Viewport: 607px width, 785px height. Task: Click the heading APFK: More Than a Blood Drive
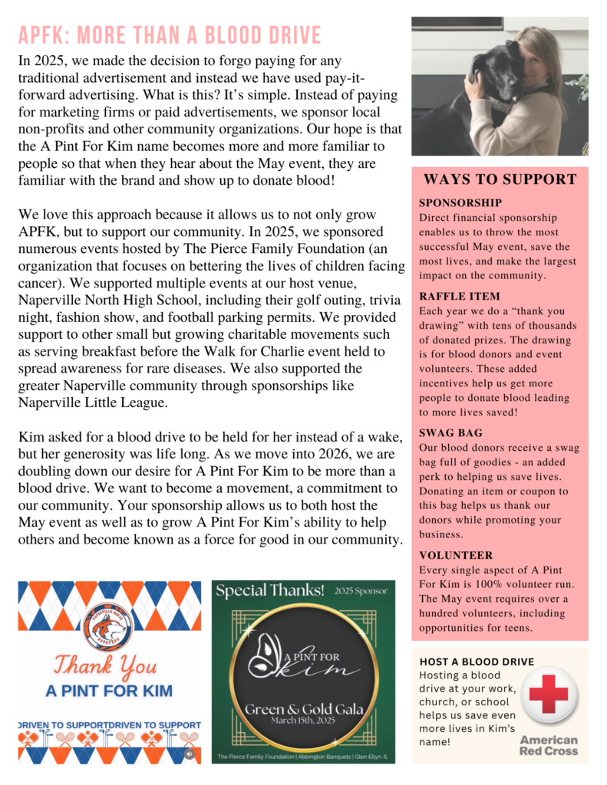[170, 35]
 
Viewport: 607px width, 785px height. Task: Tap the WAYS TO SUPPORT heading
[500, 180]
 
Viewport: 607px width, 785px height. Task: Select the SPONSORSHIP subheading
[460, 203]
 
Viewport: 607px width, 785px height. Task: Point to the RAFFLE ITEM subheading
[460, 296]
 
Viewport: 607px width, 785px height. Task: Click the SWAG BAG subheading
[450, 432]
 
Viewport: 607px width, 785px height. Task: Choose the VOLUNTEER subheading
[456, 555]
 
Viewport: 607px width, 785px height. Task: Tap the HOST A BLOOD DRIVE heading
[477, 662]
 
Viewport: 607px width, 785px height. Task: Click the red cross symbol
[548, 695]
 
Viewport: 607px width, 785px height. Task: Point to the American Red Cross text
[548, 744]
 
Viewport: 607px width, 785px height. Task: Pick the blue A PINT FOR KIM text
[109, 691]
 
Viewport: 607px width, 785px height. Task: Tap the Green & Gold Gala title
[304, 708]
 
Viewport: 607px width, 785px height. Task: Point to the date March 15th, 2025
[303, 721]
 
